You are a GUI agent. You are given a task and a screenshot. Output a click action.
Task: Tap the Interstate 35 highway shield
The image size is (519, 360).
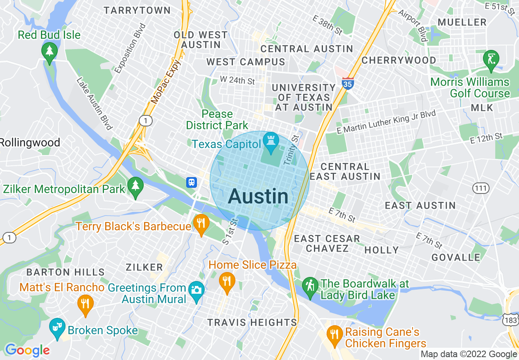click(x=348, y=83)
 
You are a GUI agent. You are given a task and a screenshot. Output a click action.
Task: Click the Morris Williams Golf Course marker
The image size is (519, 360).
click(x=491, y=59)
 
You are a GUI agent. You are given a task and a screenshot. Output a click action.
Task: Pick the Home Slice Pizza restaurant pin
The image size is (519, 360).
click(x=226, y=282)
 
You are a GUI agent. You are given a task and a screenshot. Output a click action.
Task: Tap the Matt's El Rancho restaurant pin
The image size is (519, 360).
click(x=85, y=304)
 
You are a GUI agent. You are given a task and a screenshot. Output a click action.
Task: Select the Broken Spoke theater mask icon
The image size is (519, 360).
click(x=57, y=327)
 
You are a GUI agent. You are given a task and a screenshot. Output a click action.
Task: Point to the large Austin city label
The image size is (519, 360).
click(x=258, y=197)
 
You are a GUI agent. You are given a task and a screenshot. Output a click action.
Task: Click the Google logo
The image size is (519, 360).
click(x=27, y=350)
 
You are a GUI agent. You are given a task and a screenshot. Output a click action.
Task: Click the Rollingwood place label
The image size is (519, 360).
click(x=30, y=143)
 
